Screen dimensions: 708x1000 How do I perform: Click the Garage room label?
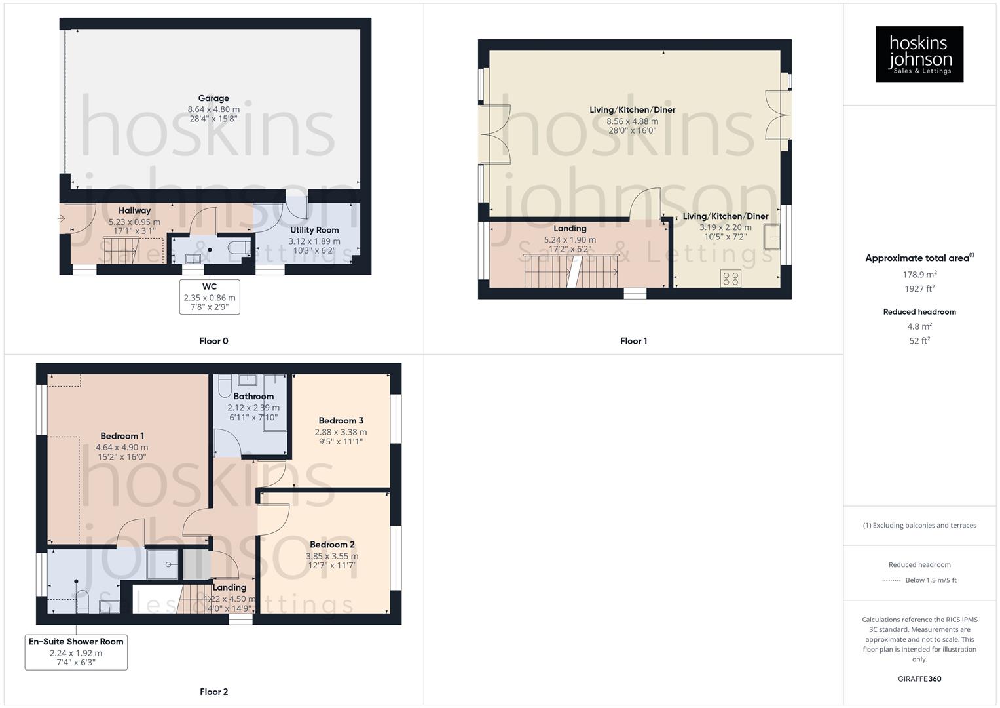[x=213, y=98]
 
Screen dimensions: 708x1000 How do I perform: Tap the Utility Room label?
[x=314, y=230]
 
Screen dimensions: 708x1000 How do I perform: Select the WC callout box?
[x=210, y=297]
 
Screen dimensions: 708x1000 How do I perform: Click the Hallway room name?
[x=134, y=210]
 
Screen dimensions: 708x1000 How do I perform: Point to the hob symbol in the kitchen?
[x=731, y=279]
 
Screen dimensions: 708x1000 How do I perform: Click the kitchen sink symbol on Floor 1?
[x=772, y=237]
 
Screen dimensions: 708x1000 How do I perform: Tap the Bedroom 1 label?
[x=122, y=436]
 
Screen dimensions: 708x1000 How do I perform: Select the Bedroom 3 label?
[x=341, y=421]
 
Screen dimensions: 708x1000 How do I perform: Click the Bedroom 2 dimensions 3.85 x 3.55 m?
[x=332, y=556]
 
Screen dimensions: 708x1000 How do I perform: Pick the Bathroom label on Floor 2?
[x=253, y=396]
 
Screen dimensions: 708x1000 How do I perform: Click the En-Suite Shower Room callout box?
[x=76, y=652]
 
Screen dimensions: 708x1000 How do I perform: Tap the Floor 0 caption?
[x=213, y=341]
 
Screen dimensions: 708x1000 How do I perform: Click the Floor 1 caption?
[x=633, y=341]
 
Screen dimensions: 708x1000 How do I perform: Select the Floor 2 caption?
[x=213, y=692]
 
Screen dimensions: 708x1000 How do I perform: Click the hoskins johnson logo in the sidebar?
[x=919, y=54]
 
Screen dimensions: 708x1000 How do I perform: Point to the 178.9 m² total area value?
[x=919, y=275]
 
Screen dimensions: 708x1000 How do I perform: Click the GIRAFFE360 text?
[x=919, y=679]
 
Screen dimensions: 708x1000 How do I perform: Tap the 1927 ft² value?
[x=919, y=289]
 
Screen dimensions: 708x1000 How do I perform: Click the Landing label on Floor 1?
[x=570, y=229]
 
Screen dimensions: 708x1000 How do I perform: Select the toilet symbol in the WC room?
[x=239, y=248]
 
